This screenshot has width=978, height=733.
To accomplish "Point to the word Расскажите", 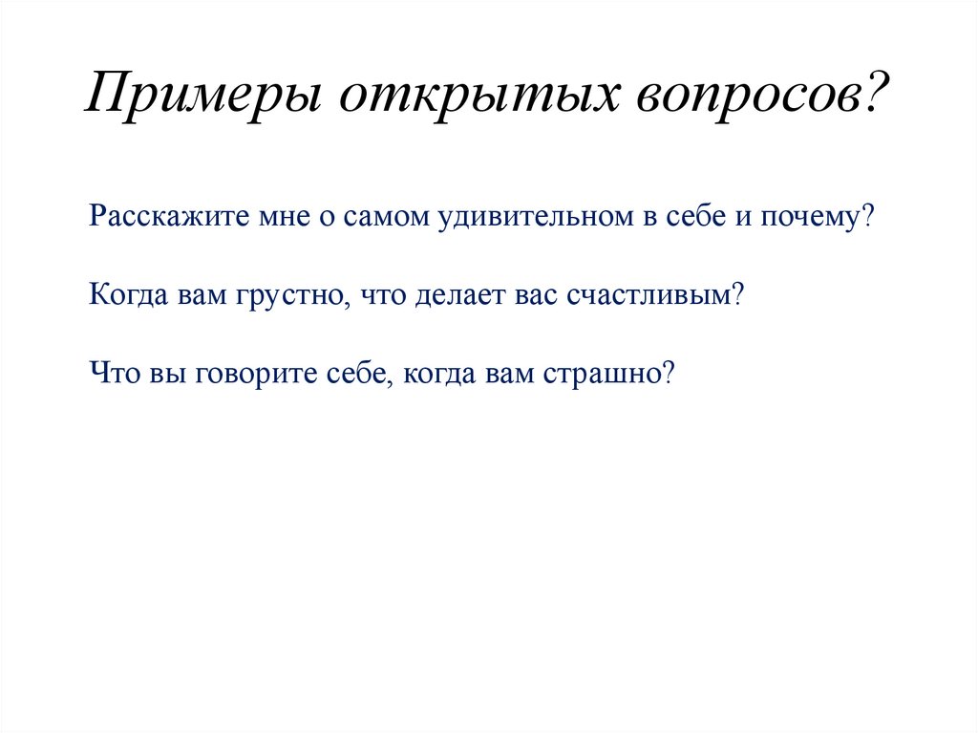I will [168, 217].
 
